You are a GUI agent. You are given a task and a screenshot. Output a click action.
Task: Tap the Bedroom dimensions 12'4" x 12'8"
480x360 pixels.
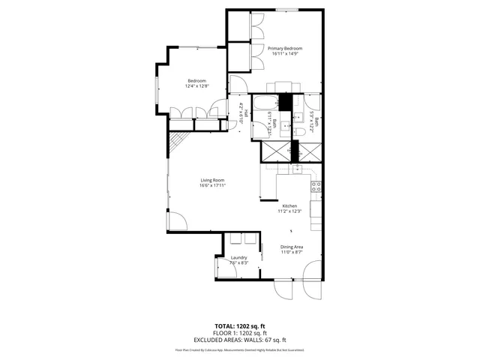[196, 86]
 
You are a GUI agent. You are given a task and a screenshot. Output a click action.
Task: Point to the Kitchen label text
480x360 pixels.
[289, 205]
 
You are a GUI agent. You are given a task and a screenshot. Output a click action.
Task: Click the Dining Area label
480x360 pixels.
[292, 247]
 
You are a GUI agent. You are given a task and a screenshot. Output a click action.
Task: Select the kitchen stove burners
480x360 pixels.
[316, 185]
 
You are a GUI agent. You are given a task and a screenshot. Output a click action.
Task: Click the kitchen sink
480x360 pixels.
[298, 169]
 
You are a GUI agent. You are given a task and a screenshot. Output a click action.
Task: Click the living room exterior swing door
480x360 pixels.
[177, 220]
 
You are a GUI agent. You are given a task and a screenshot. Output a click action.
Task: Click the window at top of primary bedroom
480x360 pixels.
[286, 10]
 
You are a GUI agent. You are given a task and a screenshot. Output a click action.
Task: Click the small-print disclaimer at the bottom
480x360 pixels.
[240, 349]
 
